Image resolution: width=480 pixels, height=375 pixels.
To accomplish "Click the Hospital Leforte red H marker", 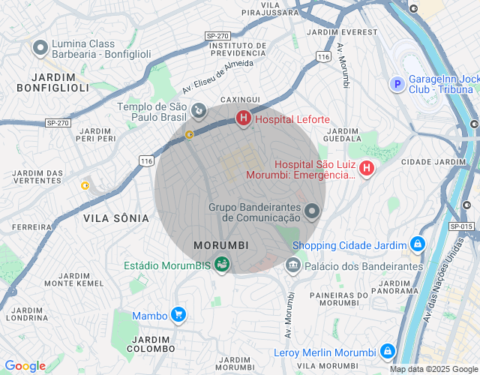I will (x=243, y=118).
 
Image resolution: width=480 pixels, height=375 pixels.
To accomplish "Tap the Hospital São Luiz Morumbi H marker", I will (x=366, y=169).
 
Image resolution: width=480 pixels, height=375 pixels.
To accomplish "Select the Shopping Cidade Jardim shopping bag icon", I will (x=417, y=244).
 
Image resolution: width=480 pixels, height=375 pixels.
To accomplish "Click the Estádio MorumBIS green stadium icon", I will (x=222, y=264).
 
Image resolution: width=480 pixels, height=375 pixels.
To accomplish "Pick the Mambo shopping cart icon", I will (x=178, y=315).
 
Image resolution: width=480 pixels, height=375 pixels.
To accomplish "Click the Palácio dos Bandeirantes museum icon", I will (x=292, y=265).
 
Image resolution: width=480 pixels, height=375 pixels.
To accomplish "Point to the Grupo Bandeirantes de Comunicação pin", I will (x=312, y=213).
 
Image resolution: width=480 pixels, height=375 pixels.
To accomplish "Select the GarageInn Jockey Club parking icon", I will (x=397, y=84).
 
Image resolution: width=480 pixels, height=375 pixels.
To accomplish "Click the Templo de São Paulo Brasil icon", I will (x=198, y=112).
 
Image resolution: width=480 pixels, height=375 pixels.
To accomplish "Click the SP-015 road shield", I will (x=461, y=226).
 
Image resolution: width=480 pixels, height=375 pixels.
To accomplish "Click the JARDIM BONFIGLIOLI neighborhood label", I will (x=54, y=82).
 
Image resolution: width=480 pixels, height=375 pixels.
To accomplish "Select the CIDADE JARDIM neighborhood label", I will (x=433, y=161).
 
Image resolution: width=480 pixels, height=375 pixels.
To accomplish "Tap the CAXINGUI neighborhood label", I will (x=240, y=99).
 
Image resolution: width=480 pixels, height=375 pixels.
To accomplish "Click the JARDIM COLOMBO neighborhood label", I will (x=151, y=344).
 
